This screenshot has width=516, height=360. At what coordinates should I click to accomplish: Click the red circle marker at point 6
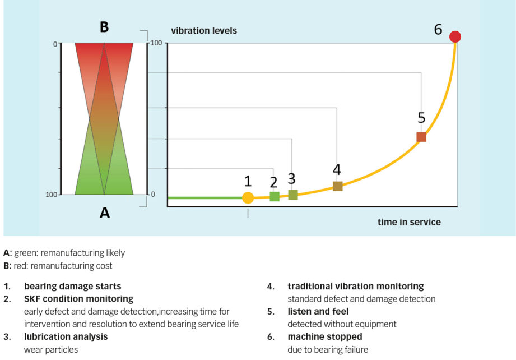pos(455,37)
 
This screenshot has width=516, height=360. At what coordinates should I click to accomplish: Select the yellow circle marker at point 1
pos(248,197)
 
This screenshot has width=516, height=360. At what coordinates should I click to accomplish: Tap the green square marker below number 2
pos(275,196)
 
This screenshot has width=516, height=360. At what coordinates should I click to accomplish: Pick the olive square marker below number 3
pos(293,195)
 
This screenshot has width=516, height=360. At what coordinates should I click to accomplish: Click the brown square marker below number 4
pos(337,186)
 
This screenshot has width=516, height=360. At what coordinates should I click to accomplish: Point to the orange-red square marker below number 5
pos(421,137)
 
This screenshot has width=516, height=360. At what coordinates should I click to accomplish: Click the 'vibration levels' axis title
pos(204,30)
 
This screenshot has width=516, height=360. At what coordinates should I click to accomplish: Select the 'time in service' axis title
pos(409,222)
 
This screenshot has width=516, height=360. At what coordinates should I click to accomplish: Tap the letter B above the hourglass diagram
pos(104,27)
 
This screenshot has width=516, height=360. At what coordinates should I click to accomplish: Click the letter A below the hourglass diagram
pos(104,212)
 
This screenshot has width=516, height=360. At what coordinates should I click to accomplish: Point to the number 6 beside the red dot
pos(438,29)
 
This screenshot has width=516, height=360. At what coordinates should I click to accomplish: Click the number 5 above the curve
pos(421,118)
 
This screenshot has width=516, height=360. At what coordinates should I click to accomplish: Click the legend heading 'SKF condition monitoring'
pos(78,299)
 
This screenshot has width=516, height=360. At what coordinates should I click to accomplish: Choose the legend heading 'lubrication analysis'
pos(66,336)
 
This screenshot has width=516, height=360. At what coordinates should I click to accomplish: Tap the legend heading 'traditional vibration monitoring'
pos(356,287)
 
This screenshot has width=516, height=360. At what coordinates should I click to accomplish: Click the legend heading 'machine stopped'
pos(325,336)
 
